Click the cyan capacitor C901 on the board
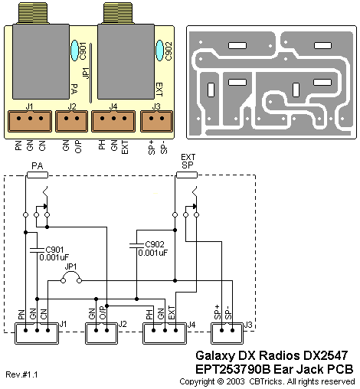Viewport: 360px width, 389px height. point(74,51)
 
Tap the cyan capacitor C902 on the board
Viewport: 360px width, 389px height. point(159,51)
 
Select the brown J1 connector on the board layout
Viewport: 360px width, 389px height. point(30,121)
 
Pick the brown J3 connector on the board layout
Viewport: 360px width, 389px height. point(156,121)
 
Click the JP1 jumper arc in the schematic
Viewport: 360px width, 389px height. point(71,273)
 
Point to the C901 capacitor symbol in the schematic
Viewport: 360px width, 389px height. point(37,250)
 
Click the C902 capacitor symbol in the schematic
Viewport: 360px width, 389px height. point(136,245)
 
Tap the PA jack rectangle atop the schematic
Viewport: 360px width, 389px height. point(38,175)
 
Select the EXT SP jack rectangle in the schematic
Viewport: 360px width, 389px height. point(187,175)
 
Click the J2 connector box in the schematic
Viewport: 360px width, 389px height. point(101,333)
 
